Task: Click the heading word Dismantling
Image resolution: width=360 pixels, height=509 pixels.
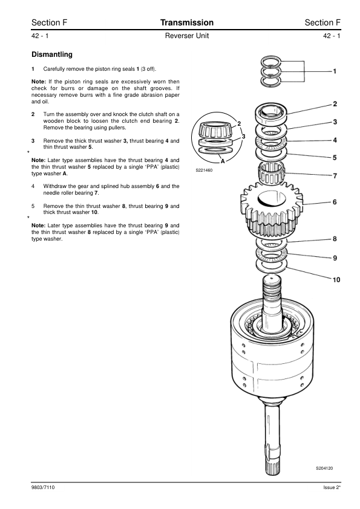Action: (x=52, y=54)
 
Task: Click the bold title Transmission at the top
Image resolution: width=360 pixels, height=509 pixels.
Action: (x=187, y=22)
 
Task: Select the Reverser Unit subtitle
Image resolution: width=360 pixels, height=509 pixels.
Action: (x=187, y=36)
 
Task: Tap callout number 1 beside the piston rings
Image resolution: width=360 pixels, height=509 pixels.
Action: (x=335, y=71)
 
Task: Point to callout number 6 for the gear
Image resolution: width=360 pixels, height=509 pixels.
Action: (x=335, y=202)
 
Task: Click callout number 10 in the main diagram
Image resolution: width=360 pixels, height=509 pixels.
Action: (x=336, y=279)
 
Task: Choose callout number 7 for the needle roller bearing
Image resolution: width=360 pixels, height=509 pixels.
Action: (x=335, y=176)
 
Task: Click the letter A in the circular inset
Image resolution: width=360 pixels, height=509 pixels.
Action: (x=223, y=161)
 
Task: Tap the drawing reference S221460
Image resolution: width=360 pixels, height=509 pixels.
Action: (x=204, y=170)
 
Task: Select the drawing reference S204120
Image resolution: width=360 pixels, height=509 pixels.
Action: (x=324, y=468)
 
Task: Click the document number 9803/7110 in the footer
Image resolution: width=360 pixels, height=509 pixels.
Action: (x=43, y=487)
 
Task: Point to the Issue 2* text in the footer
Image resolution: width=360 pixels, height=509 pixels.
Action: (x=332, y=487)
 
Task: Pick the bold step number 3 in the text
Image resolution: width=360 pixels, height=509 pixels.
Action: (x=33, y=141)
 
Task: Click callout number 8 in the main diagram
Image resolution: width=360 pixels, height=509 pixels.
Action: (x=335, y=239)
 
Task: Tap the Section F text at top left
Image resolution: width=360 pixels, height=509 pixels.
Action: (x=50, y=22)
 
